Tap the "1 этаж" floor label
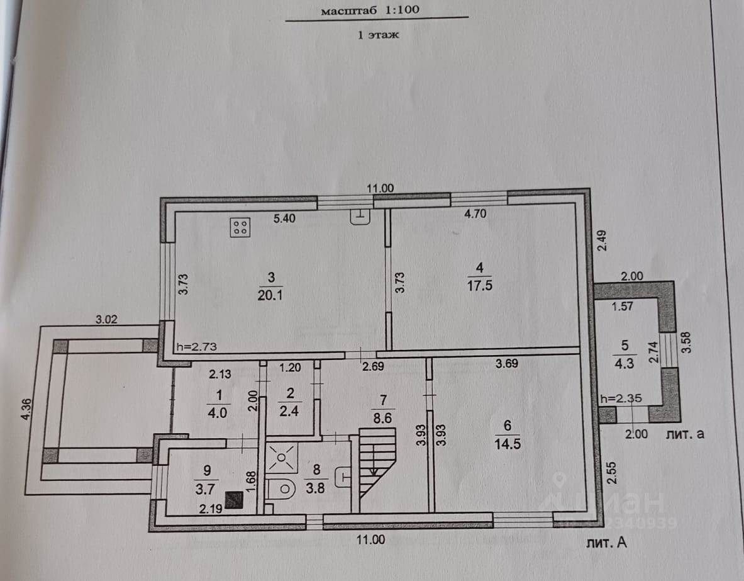point(379,35)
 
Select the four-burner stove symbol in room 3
point(240,227)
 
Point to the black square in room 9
point(235,499)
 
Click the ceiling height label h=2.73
point(197,347)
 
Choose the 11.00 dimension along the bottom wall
point(371,539)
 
